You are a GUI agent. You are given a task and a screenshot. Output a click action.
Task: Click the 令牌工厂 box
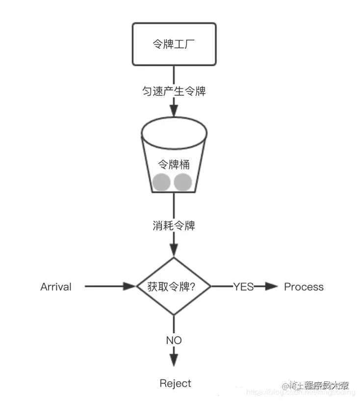point(174,44)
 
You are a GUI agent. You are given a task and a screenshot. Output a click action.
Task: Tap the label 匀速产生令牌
point(174,91)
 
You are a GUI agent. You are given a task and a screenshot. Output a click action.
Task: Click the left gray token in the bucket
point(161,182)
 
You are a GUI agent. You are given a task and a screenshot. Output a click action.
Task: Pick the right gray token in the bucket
point(183,182)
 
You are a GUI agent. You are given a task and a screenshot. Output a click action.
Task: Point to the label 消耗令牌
point(174,226)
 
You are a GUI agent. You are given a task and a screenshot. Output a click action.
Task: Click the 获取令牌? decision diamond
point(174,287)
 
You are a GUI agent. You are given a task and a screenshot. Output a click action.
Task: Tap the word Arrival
point(56,287)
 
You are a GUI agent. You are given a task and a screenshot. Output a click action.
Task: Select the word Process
point(304,287)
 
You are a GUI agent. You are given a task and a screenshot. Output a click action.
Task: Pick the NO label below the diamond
point(174,340)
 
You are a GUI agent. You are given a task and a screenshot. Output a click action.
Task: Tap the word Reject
point(175,383)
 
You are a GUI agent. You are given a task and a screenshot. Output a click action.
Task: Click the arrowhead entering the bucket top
point(174,109)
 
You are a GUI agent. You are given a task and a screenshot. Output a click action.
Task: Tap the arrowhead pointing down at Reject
point(174,362)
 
